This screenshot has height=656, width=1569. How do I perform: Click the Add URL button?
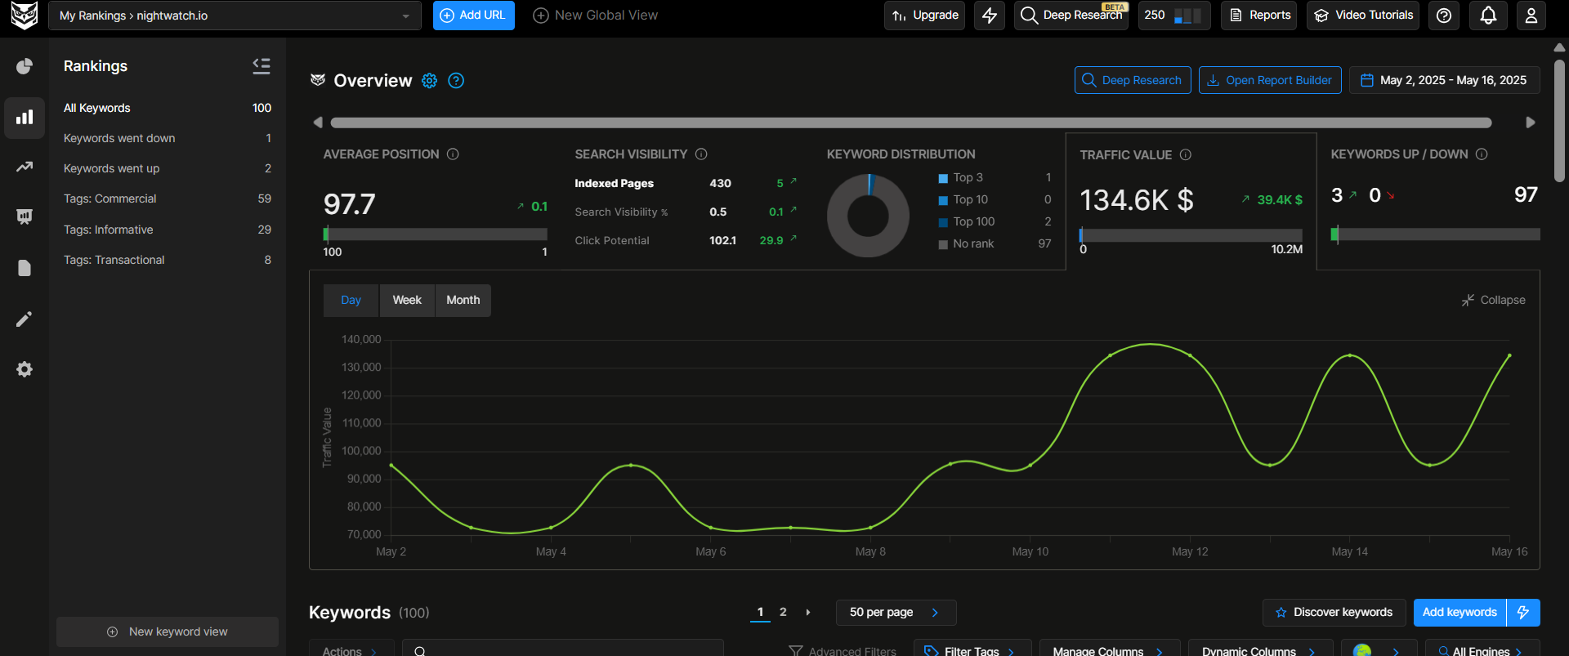coord(473,16)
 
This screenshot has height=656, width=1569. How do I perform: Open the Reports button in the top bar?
coord(1259,16)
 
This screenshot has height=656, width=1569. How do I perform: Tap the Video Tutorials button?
coord(1363,16)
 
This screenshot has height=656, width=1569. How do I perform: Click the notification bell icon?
coord(1488,16)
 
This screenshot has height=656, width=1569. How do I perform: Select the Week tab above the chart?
coord(407,301)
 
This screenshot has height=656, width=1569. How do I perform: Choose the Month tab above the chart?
coord(463,301)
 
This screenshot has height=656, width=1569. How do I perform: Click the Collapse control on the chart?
coord(1494,301)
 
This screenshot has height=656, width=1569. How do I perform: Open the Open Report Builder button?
coord(1269,80)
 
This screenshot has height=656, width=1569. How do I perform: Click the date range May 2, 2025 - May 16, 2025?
coord(1444,80)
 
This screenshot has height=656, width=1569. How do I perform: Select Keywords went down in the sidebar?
coord(119,138)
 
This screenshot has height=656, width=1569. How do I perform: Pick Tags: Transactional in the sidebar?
coord(114,260)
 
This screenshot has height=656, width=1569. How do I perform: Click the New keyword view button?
coord(168,631)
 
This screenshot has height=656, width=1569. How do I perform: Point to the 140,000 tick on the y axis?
coord(361,339)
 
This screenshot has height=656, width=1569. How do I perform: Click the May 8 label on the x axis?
coord(870,551)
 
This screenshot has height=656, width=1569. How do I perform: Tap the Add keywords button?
coord(1459,612)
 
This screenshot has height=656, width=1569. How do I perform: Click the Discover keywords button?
coord(1334,612)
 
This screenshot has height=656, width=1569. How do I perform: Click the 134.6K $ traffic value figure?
coord(1136,200)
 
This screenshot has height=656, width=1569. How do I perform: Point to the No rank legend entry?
coord(972,243)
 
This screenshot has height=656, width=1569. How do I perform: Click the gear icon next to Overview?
coord(429,80)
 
